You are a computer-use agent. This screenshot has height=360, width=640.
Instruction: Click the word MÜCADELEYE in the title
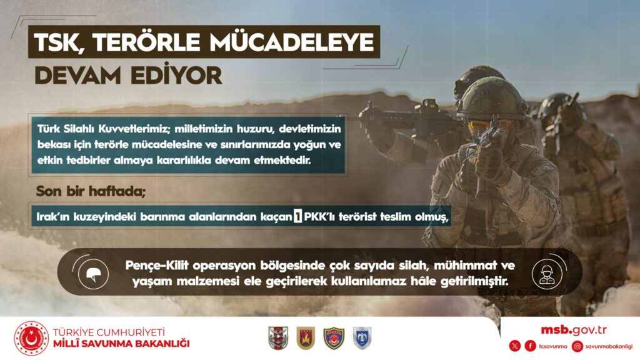[294, 42]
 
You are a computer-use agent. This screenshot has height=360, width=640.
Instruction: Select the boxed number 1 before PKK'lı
[297, 216]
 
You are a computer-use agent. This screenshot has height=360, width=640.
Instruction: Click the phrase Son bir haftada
[91, 191]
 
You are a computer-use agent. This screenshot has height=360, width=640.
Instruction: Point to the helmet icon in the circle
[94, 274]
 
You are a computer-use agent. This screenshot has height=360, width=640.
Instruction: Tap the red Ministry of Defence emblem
[31, 338]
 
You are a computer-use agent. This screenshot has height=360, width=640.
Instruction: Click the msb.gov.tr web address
[574, 330]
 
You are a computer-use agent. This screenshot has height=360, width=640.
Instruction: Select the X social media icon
[515, 346]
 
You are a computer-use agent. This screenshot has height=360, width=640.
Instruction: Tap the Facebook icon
[530, 346]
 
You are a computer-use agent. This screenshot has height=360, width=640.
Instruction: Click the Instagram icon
[577, 346]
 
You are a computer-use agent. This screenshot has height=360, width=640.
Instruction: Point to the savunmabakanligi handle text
[609, 346]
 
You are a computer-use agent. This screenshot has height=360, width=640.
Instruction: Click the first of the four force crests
[278, 338]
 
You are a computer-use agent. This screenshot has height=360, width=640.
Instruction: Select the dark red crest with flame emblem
[306, 338]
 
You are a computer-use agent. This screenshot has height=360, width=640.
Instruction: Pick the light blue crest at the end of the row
[362, 338]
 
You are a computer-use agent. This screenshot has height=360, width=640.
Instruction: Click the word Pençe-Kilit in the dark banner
[157, 266]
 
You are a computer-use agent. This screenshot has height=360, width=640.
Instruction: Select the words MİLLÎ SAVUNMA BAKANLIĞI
[121, 344]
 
